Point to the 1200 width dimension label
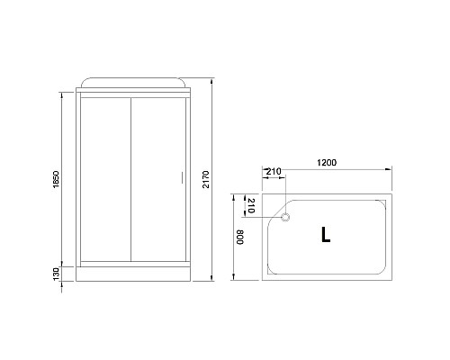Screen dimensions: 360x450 tap(327, 163)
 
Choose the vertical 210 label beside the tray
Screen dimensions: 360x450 tap(253, 206)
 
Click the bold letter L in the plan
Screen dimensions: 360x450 tap(325, 236)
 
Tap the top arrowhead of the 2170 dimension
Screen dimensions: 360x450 tap(212, 79)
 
